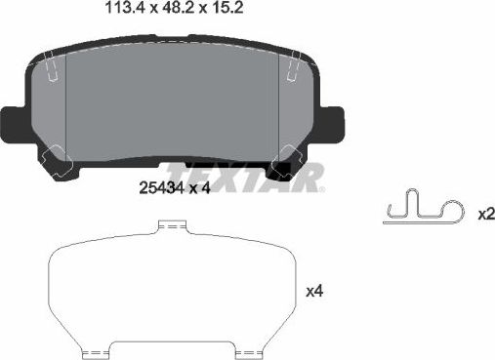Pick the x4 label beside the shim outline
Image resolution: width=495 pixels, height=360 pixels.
[314, 291]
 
